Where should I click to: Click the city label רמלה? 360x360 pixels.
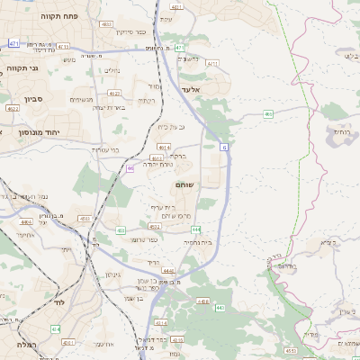(x=24, y=345)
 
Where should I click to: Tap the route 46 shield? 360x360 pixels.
(x=130, y=168)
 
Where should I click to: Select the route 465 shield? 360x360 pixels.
(x=268, y=114)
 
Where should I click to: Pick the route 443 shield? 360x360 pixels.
(x=220, y=308)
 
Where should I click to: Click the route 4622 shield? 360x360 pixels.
(x=13, y=108)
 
